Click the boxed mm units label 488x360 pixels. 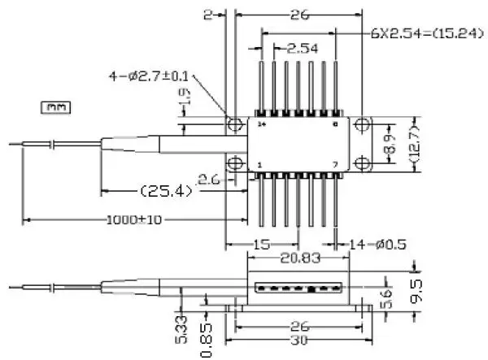(55, 106)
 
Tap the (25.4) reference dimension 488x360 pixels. (166, 192)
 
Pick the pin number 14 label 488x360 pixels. (261, 126)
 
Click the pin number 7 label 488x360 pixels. (336, 164)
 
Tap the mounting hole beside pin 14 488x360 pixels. (236, 124)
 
